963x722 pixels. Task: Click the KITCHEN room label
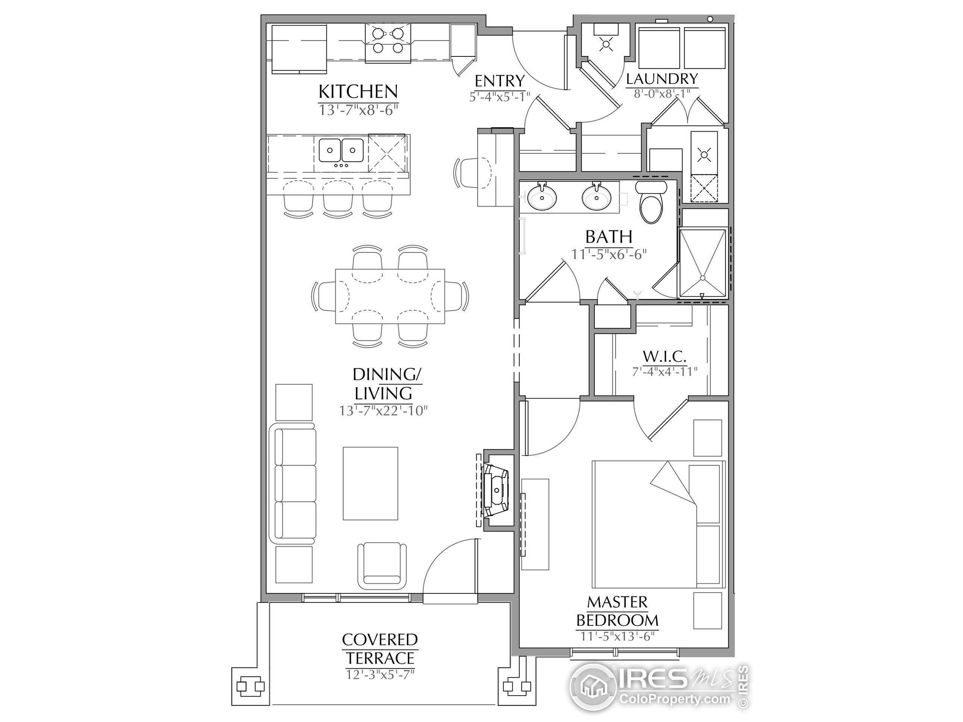[x=358, y=92]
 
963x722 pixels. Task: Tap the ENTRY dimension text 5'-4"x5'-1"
[x=499, y=96]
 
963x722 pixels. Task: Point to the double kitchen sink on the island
[x=341, y=150]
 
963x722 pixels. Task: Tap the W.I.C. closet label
[x=664, y=357]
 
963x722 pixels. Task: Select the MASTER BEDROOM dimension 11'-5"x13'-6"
[x=617, y=636]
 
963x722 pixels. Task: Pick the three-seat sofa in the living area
[x=293, y=483]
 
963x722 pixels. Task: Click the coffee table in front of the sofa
[x=371, y=483]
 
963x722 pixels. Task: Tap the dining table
[x=390, y=296]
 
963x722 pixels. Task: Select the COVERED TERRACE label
[x=380, y=648]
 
